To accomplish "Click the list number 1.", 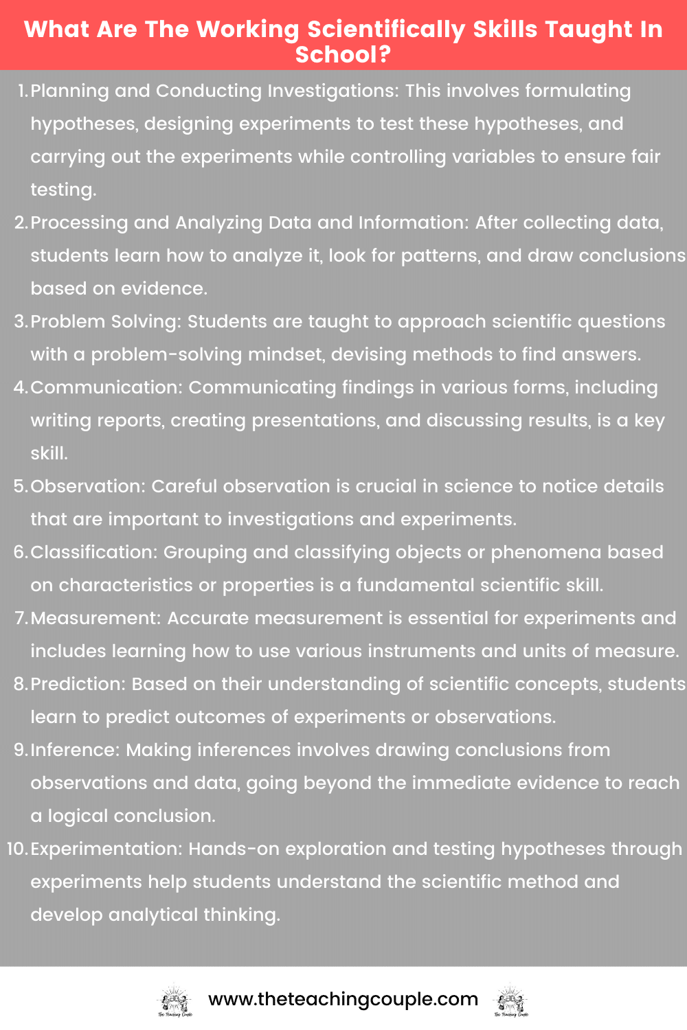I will coord(22,91).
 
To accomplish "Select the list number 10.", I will coord(16,849).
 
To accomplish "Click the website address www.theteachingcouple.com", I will coord(343,999).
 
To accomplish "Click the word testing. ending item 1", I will coord(63,190).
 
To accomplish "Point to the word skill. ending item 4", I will coord(49,453).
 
